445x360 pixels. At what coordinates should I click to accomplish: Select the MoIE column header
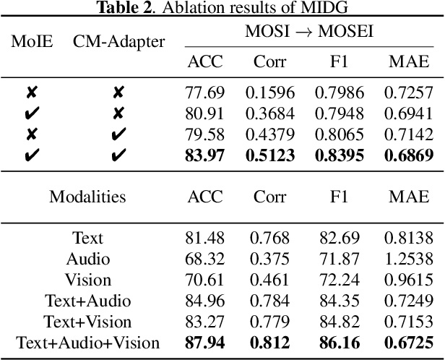[32, 40]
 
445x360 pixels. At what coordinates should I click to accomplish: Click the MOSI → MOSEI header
[308, 32]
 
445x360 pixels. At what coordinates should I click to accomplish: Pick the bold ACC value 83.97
[205, 154]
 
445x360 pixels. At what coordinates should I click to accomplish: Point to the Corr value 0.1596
[270, 93]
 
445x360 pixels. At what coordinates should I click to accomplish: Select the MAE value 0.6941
[407, 113]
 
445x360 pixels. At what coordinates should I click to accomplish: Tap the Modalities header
[87, 196]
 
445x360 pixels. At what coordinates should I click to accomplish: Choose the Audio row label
[87, 258]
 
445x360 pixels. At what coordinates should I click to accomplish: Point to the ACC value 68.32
[205, 258]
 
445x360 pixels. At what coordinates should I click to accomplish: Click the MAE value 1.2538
[407, 258]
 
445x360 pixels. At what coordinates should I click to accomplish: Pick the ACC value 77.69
[205, 93]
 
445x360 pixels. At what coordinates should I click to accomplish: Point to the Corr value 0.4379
[270, 134]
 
